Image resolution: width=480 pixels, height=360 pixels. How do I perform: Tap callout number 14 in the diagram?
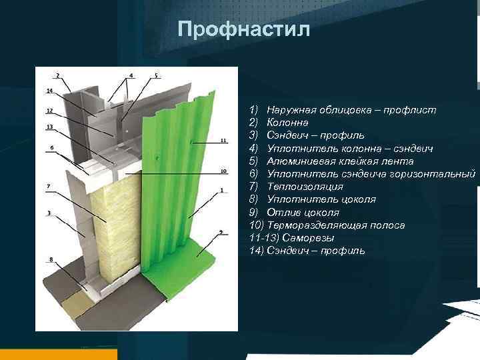[49, 90]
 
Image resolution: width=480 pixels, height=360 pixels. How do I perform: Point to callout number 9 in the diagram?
[221, 231]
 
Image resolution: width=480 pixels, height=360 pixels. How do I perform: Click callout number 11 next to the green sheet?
[223, 141]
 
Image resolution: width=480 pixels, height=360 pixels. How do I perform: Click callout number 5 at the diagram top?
[156, 75]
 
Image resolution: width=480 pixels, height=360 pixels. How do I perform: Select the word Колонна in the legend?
[287, 122]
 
